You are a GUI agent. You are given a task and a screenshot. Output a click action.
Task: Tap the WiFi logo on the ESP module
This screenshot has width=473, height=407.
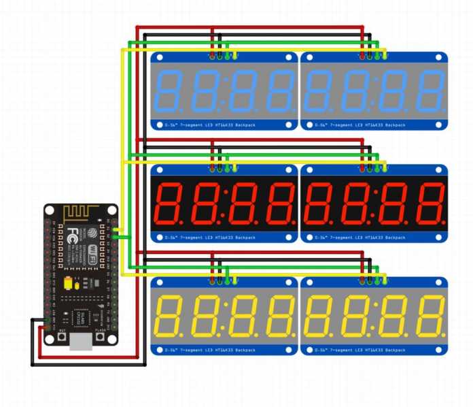tap(90, 248)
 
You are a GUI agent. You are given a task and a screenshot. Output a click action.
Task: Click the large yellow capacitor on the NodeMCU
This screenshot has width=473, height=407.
tap(68, 284)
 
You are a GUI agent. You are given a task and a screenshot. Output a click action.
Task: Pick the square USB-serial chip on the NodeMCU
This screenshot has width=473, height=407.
tap(81, 316)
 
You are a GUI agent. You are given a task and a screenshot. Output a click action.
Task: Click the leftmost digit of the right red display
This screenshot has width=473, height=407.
tap(318, 204)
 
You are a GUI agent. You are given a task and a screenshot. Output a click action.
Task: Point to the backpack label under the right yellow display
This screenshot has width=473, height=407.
tap(360, 350)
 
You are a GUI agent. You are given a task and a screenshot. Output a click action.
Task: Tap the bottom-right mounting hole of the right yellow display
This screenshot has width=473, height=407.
tap(439, 350)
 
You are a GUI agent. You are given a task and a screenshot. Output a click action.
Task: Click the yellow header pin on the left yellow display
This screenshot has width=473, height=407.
tap(236, 280)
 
